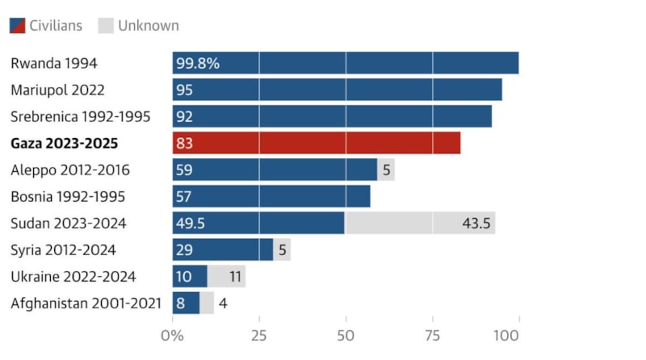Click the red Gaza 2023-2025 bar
point(316,143)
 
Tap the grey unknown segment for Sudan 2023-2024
point(420,223)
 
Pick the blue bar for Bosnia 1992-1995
point(271,196)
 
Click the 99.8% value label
point(199,63)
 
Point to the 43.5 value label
point(476,223)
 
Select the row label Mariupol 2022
point(57,90)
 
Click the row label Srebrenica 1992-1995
point(80,116)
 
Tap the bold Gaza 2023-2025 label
point(64,143)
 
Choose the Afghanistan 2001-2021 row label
point(86,303)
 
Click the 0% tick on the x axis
point(172,334)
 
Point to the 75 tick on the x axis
point(432,334)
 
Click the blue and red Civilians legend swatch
point(17,26)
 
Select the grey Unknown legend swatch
point(105,26)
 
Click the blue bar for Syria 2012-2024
point(222,249)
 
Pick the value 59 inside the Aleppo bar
point(185,170)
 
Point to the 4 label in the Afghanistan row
point(224,303)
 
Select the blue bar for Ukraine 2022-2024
point(190,276)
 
